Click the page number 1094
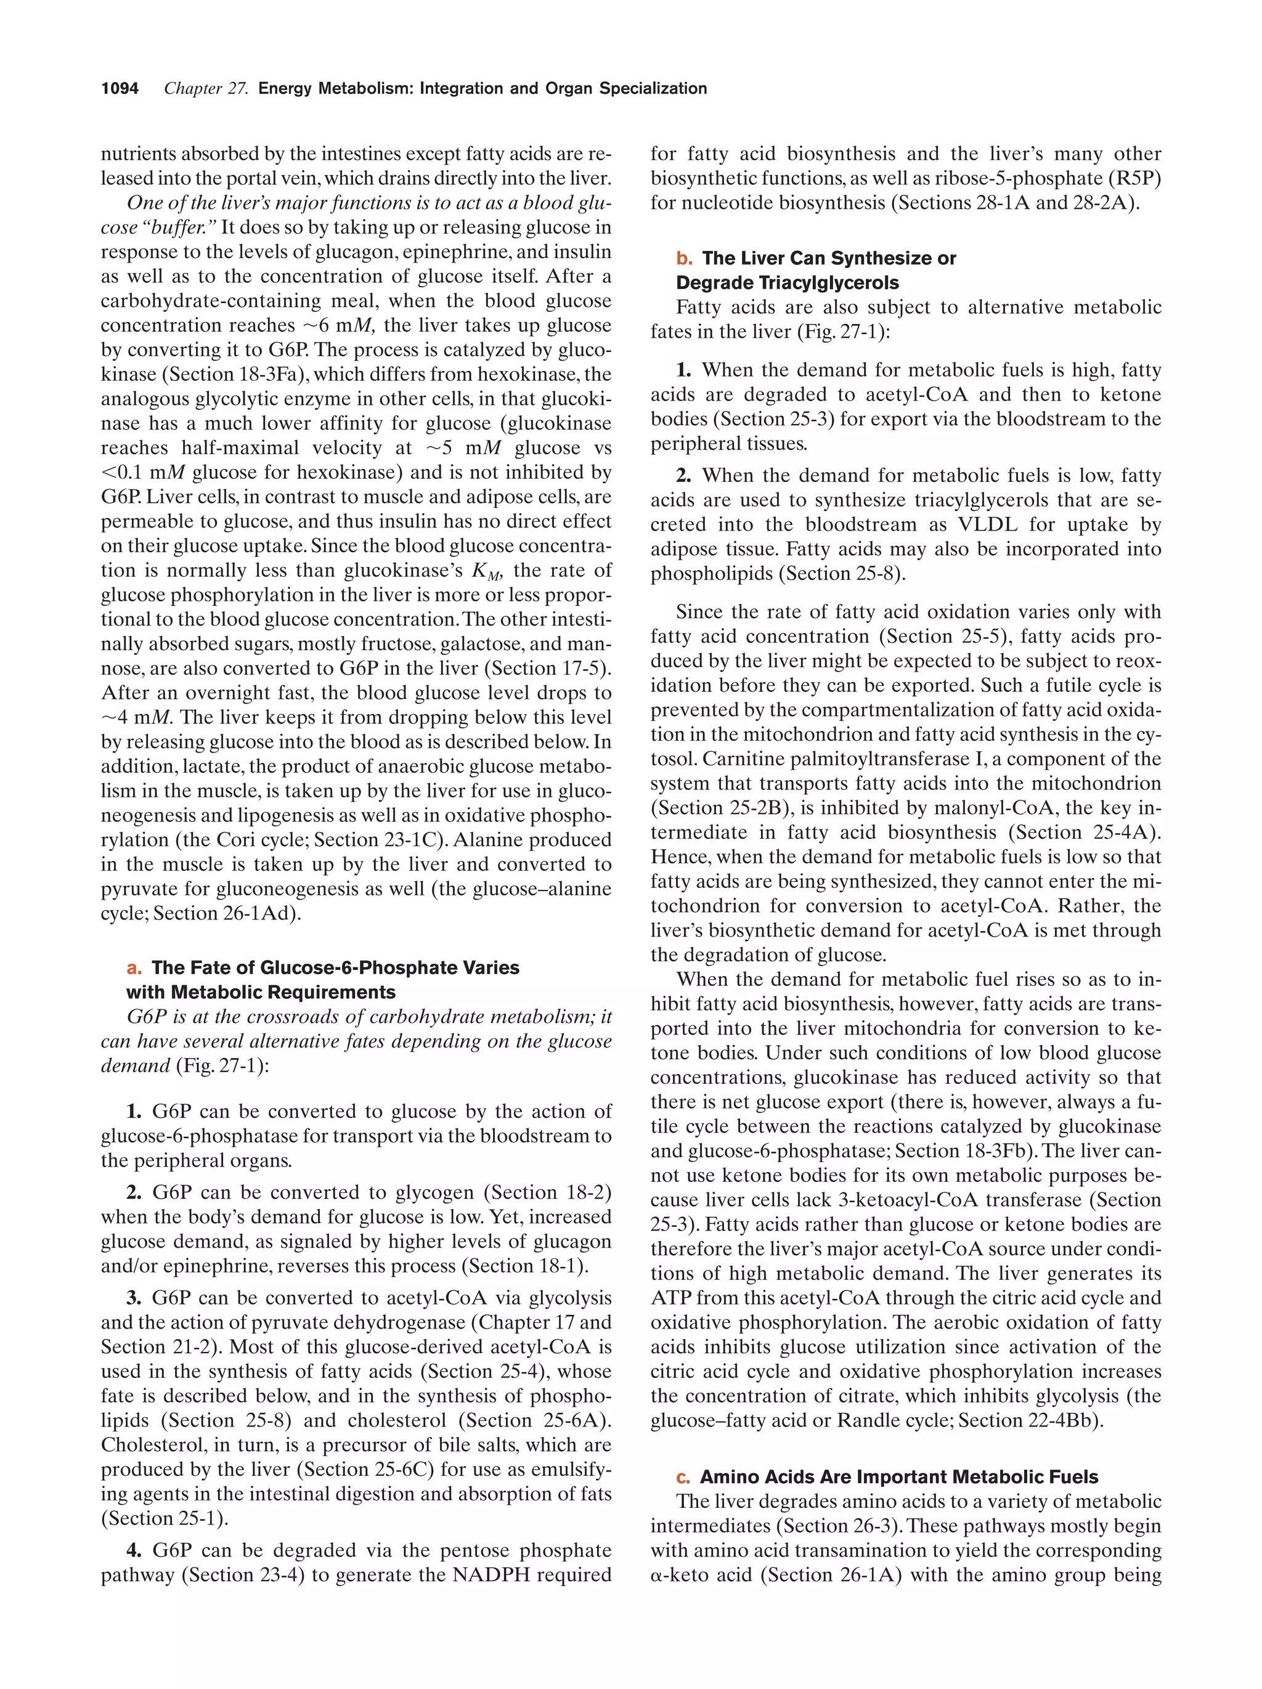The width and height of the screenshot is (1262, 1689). [x=120, y=89]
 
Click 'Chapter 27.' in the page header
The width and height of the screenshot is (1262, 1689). [x=206, y=89]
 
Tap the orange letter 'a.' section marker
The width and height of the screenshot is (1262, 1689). [x=134, y=967]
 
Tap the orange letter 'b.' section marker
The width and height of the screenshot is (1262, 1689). [x=684, y=258]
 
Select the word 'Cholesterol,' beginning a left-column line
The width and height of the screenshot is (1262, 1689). [x=147, y=1444]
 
